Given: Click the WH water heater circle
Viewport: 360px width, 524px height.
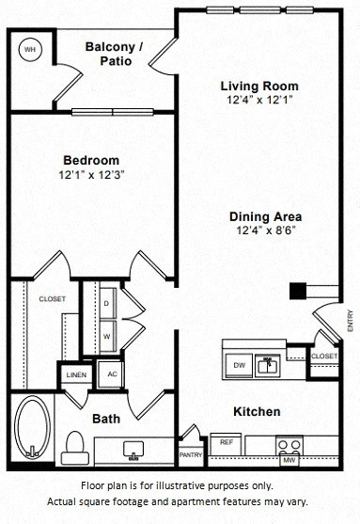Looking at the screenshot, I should [30, 49].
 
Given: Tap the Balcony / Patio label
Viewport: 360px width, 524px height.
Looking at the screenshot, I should [114, 54].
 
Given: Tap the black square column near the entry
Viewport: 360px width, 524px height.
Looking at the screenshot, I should [298, 290].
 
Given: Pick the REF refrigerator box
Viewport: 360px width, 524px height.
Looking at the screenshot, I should [227, 440].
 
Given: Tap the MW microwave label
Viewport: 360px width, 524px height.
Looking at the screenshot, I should [290, 460].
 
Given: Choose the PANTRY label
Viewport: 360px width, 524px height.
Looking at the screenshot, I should [192, 453].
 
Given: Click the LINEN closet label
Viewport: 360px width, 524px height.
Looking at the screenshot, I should [76, 374].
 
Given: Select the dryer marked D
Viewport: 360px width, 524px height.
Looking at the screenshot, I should [105, 304].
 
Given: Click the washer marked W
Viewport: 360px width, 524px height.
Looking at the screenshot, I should [105, 334].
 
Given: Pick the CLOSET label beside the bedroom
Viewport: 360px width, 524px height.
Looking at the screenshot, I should [52, 299].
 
